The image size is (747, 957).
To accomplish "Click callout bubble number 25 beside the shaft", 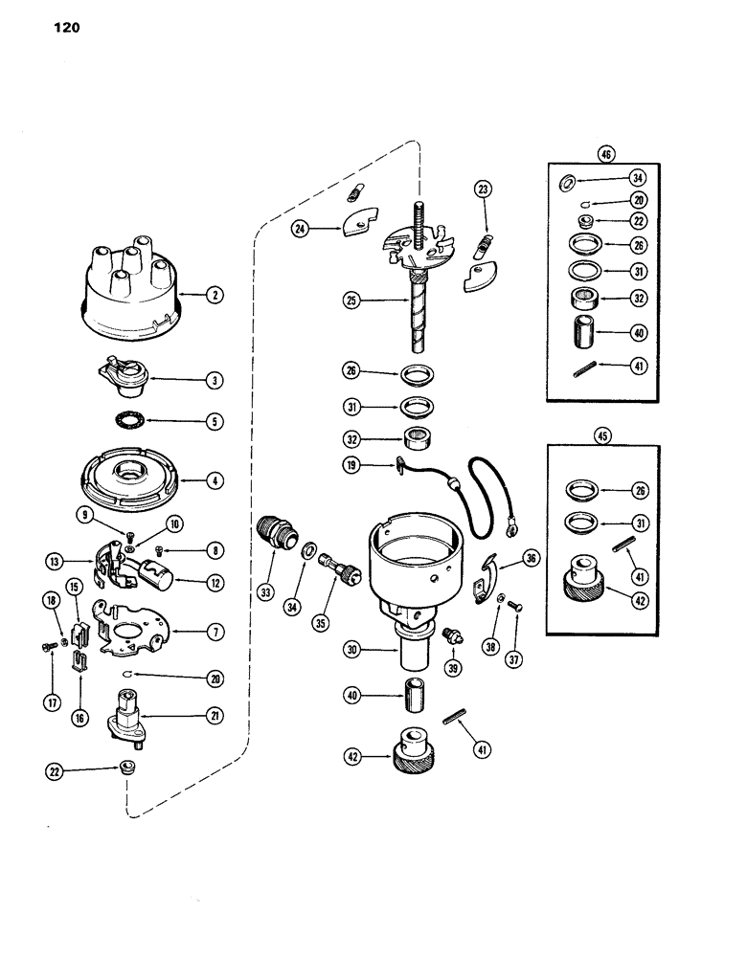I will [353, 300].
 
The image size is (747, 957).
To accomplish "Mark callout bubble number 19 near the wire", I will [353, 465].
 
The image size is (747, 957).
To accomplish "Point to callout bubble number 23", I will [483, 189].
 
